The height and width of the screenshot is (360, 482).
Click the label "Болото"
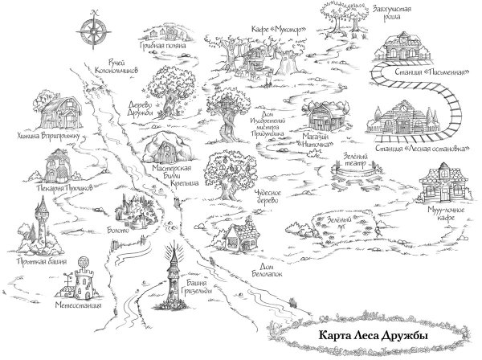click(119, 230)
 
